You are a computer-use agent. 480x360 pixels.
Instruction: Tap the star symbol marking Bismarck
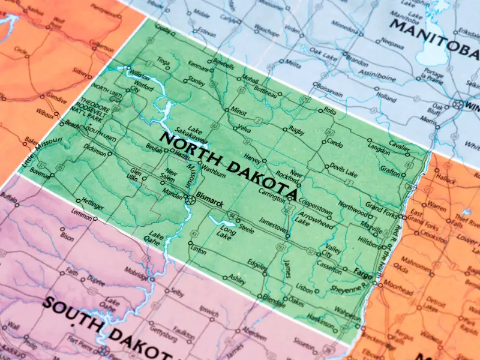[190, 200]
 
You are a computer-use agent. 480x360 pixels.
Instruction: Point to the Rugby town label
[296, 130]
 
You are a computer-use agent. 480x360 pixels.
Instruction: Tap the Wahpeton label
[346, 312]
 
